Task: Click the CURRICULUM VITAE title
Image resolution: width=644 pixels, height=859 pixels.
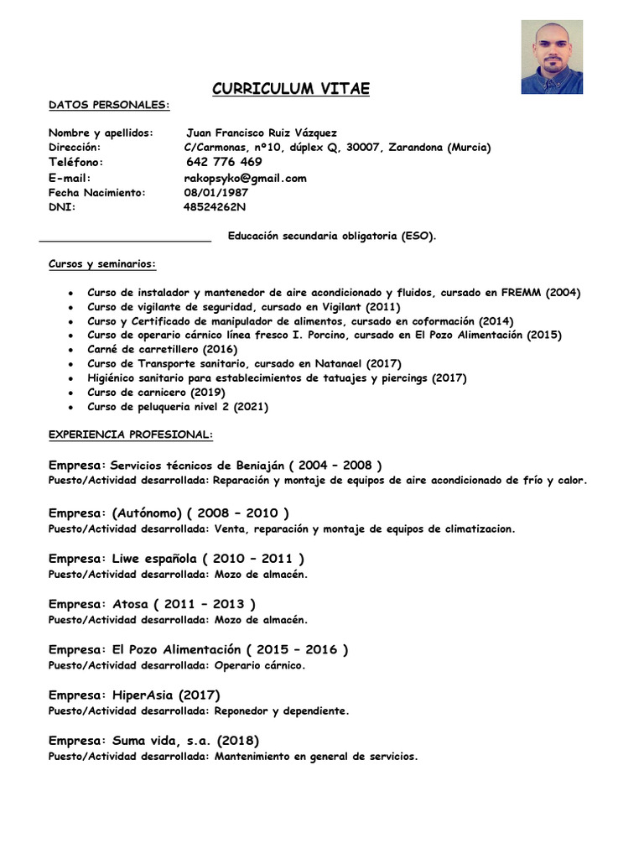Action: (x=290, y=89)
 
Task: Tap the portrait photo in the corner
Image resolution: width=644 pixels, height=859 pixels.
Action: (x=552, y=57)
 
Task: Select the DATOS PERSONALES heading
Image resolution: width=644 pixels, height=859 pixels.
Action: (x=109, y=106)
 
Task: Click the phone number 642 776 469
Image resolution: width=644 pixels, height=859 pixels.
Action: (x=223, y=162)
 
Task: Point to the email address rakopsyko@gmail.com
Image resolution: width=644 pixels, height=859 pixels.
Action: (x=245, y=178)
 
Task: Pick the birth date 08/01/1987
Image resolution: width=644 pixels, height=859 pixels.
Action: (x=216, y=192)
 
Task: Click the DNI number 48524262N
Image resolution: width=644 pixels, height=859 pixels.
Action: (x=216, y=206)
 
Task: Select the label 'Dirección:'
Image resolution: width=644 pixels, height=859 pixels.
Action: (x=75, y=147)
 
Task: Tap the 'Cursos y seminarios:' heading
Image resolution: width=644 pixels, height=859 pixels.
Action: (x=102, y=263)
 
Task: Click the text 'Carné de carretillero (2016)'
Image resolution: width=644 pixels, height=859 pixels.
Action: (x=163, y=349)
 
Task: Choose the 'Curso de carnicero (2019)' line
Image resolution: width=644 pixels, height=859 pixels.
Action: (x=156, y=392)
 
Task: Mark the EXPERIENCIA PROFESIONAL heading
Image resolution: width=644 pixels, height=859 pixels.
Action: (x=131, y=435)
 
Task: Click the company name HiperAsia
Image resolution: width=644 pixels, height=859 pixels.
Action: (x=141, y=695)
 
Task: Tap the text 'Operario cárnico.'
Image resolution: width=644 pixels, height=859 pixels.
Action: (x=260, y=665)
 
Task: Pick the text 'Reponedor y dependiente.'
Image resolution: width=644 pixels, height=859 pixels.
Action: (x=282, y=711)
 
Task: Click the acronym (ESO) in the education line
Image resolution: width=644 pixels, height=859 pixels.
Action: (x=418, y=237)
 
